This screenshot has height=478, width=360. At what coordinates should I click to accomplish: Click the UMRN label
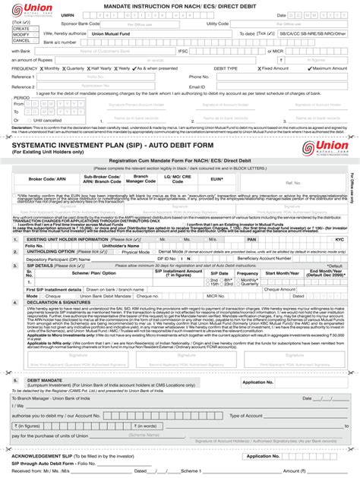point(68,14)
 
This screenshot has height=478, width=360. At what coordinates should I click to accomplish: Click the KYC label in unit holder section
point(339,239)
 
